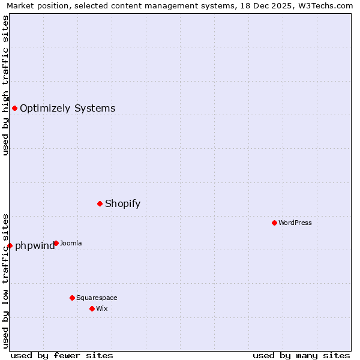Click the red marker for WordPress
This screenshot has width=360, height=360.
click(x=274, y=223)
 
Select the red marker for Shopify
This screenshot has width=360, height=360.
click(x=100, y=203)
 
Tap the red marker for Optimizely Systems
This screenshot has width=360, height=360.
click(x=14, y=108)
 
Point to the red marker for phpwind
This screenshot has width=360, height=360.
click(x=10, y=245)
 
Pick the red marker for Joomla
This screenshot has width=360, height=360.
click(x=56, y=243)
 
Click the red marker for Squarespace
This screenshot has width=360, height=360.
click(x=72, y=298)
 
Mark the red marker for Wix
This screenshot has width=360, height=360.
click(x=92, y=308)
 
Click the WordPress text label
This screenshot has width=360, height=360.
click(x=295, y=223)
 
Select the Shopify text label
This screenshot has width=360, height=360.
click(x=122, y=203)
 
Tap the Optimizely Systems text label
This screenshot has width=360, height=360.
click(x=67, y=108)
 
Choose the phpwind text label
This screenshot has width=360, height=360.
click(x=34, y=245)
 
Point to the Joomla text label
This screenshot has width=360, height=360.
click(x=71, y=243)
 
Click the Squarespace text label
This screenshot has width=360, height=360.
click(x=97, y=298)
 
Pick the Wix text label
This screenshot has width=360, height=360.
click(x=101, y=308)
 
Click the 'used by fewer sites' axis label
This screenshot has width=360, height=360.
click(x=62, y=355)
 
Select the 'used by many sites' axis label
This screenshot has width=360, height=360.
click(x=301, y=355)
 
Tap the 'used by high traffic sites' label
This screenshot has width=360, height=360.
click(x=5, y=85)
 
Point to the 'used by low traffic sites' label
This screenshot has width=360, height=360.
click(x=5, y=281)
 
